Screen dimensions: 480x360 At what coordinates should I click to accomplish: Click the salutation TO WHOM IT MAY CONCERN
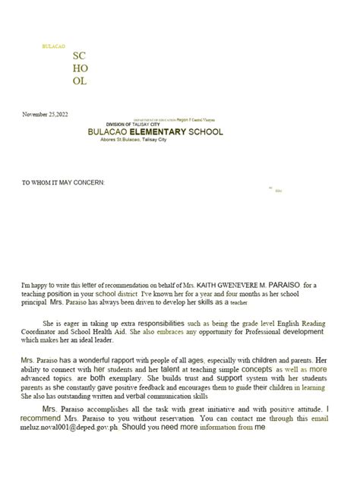coord(62,183)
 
